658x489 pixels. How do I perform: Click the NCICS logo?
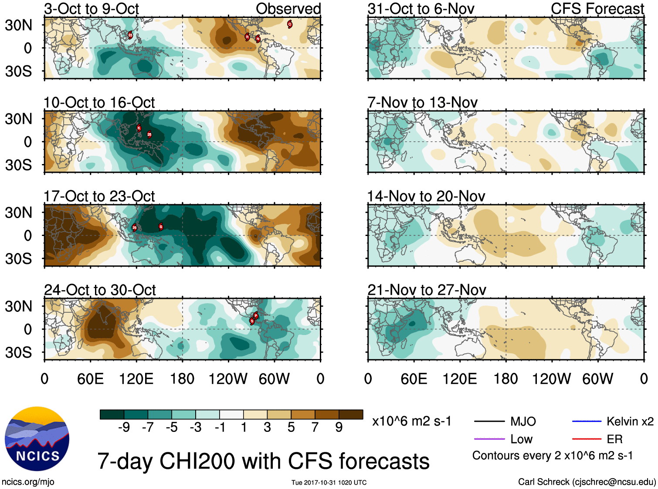(x=37, y=438)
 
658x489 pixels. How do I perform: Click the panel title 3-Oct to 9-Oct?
(x=92, y=9)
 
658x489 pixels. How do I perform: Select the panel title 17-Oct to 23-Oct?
(x=99, y=196)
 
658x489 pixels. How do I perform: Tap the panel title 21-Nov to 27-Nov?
(x=427, y=290)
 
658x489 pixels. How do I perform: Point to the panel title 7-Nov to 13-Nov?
(x=422, y=103)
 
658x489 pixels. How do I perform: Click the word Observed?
(x=288, y=9)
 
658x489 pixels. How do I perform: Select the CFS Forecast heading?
(x=597, y=9)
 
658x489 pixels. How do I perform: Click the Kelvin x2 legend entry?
(x=630, y=421)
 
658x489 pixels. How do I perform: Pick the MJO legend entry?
(x=523, y=421)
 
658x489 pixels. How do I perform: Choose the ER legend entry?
(x=614, y=439)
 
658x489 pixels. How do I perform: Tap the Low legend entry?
(x=521, y=439)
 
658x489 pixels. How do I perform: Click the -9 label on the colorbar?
(x=124, y=427)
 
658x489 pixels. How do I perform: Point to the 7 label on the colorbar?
(x=315, y=427)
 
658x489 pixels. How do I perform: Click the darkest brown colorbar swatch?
(x=351, y=414)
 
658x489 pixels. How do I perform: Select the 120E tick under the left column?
(x=136, y=379)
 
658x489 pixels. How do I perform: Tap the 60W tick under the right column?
(x=597, y=379)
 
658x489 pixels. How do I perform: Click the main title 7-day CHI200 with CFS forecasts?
(x=263, y=461)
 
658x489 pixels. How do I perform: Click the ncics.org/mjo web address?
(x=28, y=482)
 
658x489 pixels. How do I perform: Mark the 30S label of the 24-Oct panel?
(x=18, y=352)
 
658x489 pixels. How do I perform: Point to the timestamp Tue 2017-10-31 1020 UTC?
(x=329, y=482)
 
